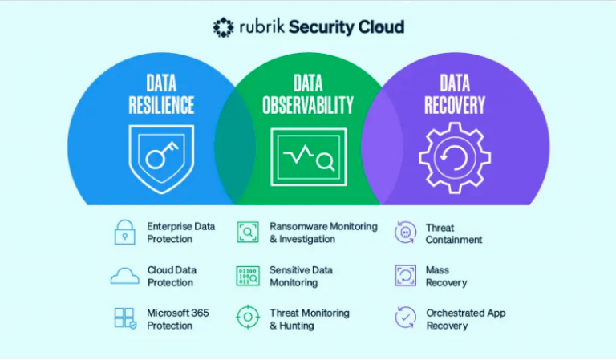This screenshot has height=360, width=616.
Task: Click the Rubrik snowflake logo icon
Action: pyautogui.click(x=223, y=27)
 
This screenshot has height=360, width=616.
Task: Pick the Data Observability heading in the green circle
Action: pyautogui.click(x=308, y=94)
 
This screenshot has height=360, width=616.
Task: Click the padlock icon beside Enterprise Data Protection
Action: pyautogui.click(x=124, y=233)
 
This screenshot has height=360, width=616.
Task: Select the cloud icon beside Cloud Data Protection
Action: pyautogui.click(x=124, y=276)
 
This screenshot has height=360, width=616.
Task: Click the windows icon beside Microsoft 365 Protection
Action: pyautogui.click(x=124, y=318)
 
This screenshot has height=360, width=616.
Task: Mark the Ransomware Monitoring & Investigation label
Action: pyautogui.click(x=322, y=233)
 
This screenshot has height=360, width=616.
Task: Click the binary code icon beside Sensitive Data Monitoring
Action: pyautogui.click(x=247, y=276)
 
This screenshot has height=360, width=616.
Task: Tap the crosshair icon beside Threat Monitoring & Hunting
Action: pyautogui.click(x=247, y=318)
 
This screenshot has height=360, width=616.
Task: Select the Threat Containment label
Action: pyautogui.click(x=453, y=233)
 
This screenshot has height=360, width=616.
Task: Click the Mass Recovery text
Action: pyautogui.click(x=446, y=277)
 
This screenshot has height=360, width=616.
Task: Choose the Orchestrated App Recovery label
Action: pyautogui.click(x=465, y=319)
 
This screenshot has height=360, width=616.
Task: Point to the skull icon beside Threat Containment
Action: pyautogui.click(x=406, y=233)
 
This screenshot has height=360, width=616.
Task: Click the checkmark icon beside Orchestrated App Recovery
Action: pyautogui.click(x=406, y=318)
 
